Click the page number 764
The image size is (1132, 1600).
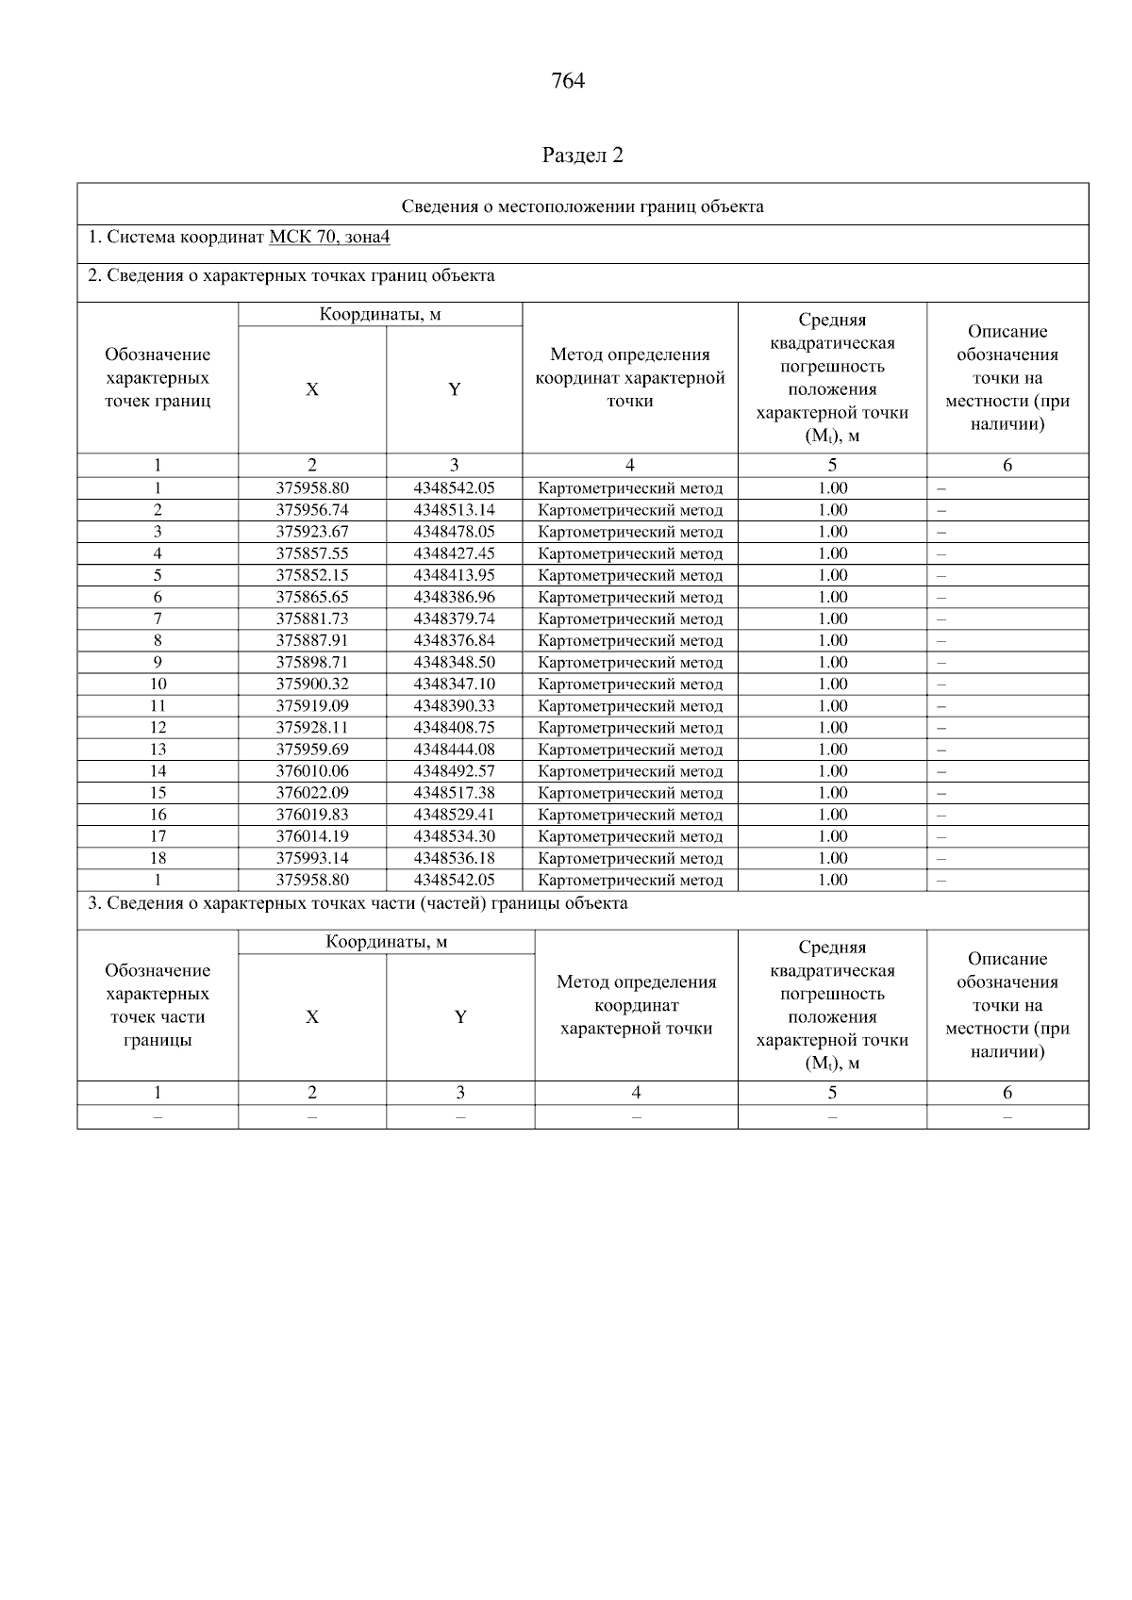567,81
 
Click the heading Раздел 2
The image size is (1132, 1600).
582,156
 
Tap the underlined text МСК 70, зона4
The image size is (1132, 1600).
329,238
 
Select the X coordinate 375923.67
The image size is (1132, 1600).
312,532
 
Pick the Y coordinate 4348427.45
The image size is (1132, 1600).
454,553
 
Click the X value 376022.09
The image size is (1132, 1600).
312,793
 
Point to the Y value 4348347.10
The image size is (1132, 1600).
454,685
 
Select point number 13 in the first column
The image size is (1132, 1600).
158,750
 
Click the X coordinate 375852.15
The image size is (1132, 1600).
312,575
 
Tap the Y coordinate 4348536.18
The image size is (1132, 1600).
454,858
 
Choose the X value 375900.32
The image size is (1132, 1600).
312,685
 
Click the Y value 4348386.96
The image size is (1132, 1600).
454,597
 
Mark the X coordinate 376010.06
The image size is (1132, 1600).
312,771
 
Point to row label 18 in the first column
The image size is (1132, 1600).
158,858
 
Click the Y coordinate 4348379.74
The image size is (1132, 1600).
454,619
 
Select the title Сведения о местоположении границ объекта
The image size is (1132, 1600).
582,206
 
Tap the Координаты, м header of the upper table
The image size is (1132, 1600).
380,315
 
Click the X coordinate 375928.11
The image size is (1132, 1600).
312,728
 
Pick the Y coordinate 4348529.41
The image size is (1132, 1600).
454,815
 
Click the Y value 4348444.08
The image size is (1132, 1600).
454,750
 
